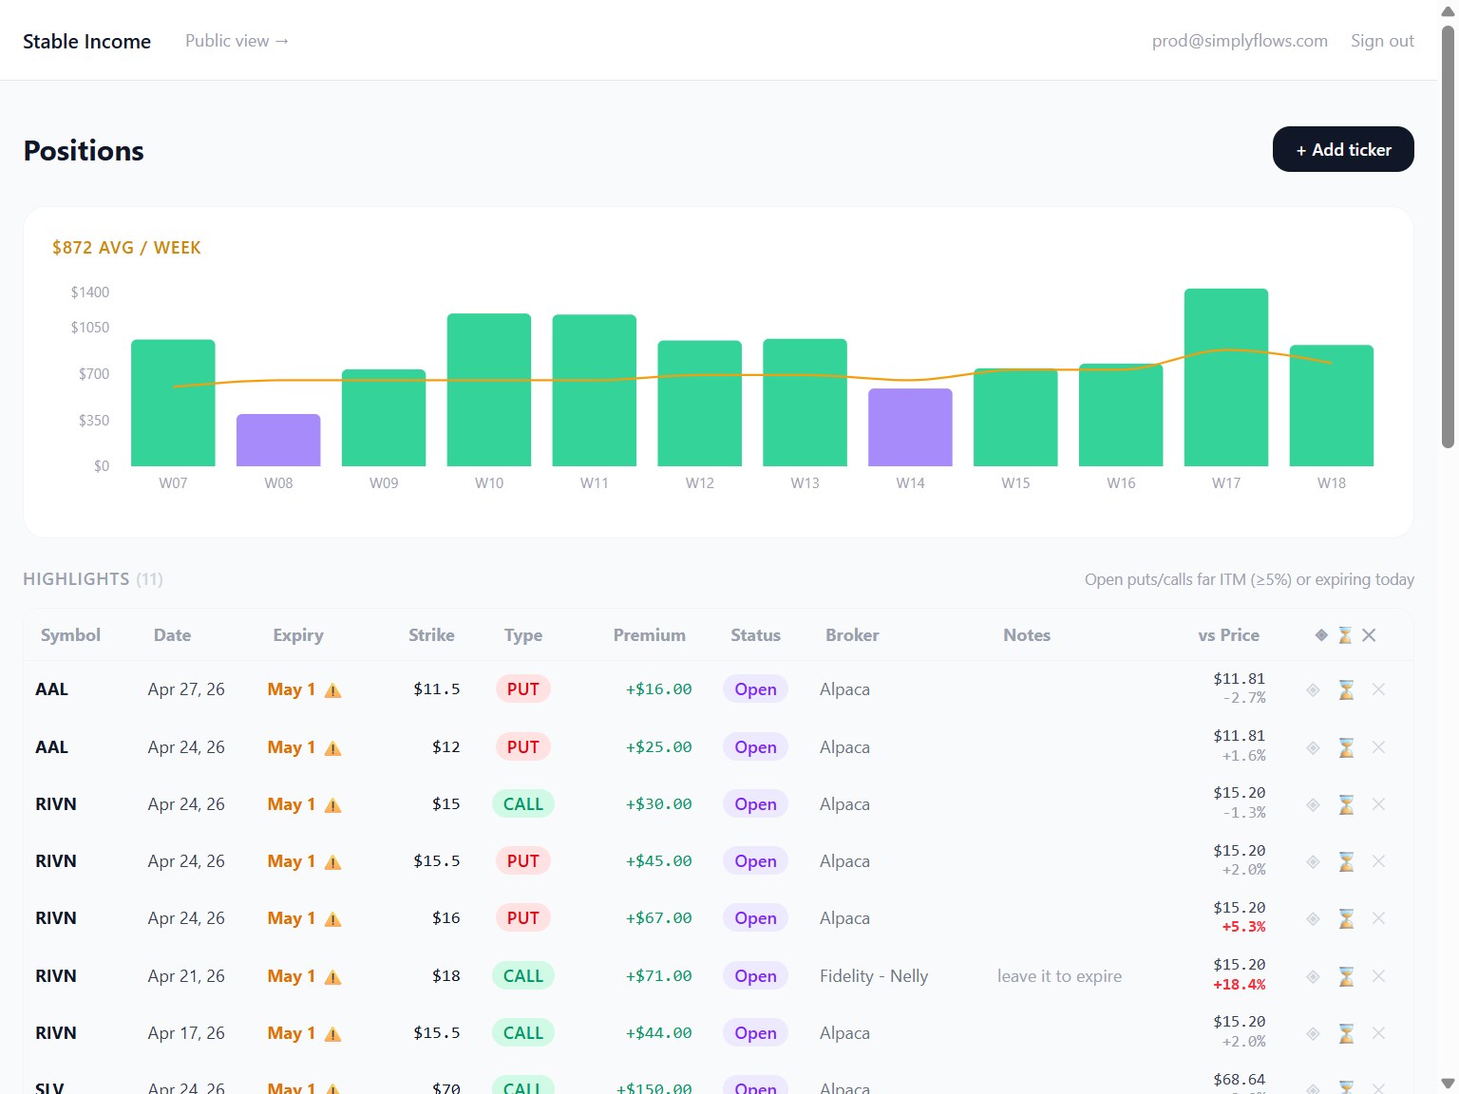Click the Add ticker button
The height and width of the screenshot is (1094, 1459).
click(x=1343, y=149)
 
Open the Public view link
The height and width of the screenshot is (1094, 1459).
click(x=237, y=41)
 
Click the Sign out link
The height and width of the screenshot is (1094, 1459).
click(x=1382, y=41)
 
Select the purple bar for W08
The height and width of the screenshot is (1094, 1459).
click(x=278, y=440)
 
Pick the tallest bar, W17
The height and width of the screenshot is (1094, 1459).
click(x=1225, y=377)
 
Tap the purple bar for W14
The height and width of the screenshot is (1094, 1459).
click(x=910, y=427)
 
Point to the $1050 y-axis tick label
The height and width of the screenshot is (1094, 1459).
click(x=90, y=327)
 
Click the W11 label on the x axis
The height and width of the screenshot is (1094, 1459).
click(x=595, y=483)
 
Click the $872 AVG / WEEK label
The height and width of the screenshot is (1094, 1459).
click(x=126, y=248)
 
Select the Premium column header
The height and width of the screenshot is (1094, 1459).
click(x=649, y=635)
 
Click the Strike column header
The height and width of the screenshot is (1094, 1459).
click(x=431, y=635)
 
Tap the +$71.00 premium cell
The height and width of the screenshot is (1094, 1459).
click(x=658, y=975)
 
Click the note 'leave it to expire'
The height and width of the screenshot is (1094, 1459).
click(x=1059, y=975)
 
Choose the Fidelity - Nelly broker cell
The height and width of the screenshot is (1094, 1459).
click(x=874, y=975)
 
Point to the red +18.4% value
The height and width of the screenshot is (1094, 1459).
click(x=1239, y=985)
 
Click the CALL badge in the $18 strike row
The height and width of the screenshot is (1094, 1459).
click(x=523, y=975)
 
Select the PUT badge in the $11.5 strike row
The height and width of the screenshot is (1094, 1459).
click(x=523, y=688)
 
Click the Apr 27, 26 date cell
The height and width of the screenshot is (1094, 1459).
click(x=186, y=688)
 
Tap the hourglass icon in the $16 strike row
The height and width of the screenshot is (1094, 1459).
click(x=1346, y=918)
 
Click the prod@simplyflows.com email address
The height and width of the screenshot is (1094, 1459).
click(x=1240, y=41)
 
